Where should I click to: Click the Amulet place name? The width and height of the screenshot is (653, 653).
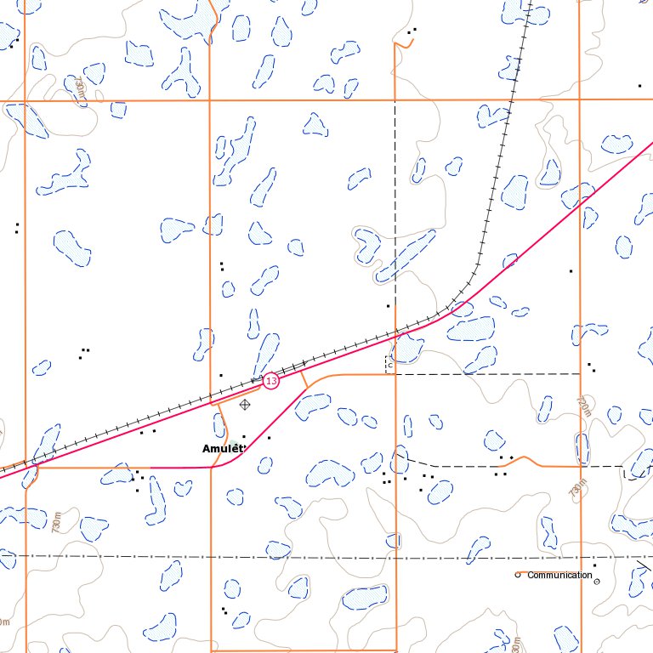click(224, 448)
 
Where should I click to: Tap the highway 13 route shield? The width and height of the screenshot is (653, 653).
click(270, 381)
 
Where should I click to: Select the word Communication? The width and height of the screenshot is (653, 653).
click(559, 576)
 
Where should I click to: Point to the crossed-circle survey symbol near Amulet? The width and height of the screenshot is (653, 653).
click(245, 405)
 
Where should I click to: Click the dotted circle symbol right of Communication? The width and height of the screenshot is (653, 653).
click(596, 582)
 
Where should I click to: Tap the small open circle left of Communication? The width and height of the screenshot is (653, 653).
click(517, 575)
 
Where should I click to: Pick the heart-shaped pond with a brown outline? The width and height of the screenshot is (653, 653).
click(368, 245)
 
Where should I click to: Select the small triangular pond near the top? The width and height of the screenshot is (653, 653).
click(315, 126)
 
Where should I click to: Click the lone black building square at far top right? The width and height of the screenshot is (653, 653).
click(639, 86)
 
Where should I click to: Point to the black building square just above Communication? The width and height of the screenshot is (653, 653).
click(594, 565)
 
